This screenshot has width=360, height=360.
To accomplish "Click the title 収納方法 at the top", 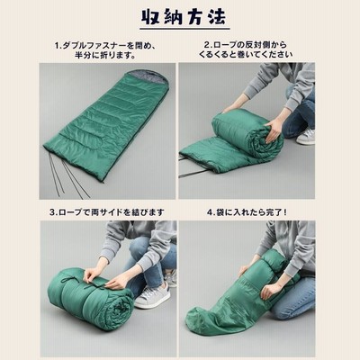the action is pos(184,17).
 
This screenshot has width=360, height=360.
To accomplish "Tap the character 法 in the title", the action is pos(217,17).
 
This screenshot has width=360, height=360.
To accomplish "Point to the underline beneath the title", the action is pos(184,30).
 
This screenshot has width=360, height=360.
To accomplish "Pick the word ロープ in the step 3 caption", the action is pos(70,212).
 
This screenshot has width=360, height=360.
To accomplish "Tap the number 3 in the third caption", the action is pos(52,212).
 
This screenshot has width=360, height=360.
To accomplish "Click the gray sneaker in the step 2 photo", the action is pos(305,137).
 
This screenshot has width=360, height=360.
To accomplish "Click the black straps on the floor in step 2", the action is pos(192,168).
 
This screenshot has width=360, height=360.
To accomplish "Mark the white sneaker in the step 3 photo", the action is pos(151,296).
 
